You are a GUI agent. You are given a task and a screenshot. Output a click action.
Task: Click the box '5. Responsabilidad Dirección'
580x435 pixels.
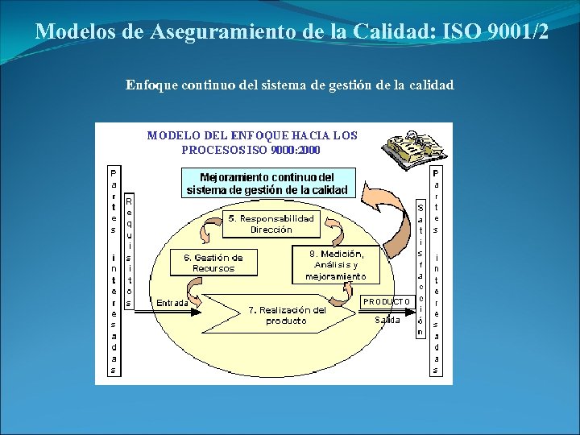coord(271,224)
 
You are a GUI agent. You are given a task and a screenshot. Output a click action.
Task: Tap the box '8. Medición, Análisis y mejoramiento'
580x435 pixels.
coord(336,264)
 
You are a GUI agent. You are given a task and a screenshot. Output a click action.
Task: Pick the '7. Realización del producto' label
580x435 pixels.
coord(288,315)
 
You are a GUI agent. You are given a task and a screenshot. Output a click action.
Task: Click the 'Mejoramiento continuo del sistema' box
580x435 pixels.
coord(267,184)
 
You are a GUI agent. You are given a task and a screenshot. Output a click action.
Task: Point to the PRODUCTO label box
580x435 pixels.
coord(387,301)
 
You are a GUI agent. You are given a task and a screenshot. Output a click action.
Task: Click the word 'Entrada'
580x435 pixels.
coord(172,304)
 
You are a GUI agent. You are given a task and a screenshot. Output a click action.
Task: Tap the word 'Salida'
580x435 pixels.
coord(387,320)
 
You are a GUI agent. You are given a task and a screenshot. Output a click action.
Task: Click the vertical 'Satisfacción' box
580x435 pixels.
coord(420,268)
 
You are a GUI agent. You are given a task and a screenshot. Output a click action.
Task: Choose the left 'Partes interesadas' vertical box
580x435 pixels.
coord(114,271)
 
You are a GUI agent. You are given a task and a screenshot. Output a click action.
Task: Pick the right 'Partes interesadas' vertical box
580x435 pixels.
coord(436,271)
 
